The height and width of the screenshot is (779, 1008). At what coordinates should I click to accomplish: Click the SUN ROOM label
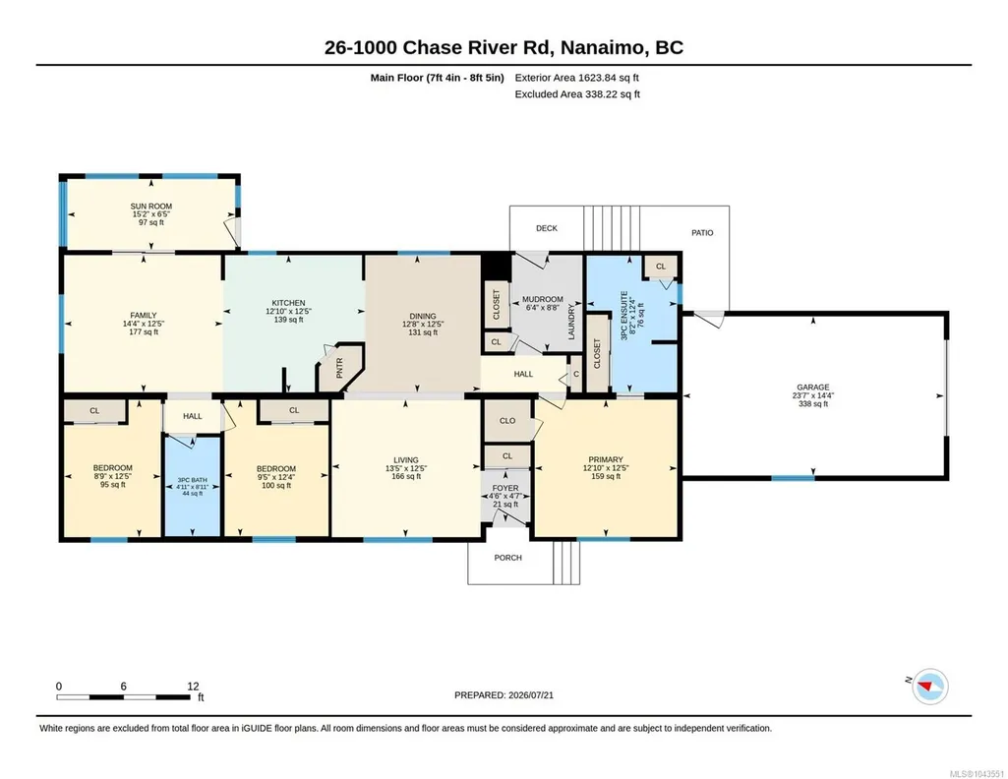151,207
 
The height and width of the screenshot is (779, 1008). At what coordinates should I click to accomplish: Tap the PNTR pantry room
340,368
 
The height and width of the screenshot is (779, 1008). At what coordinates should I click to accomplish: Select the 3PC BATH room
192,486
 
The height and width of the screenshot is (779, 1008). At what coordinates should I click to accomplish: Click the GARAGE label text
812,387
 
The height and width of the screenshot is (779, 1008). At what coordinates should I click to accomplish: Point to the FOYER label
505,489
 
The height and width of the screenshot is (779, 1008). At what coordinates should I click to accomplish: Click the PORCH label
507,558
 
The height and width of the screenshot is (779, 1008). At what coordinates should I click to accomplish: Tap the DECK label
547,228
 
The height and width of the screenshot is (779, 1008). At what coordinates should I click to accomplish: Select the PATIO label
702,233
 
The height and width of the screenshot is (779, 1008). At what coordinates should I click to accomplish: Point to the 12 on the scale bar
193,687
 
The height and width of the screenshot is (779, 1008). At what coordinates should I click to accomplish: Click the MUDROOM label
543,299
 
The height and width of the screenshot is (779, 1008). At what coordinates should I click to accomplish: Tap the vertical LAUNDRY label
570,322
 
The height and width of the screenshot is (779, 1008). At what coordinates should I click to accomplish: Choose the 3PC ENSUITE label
623,315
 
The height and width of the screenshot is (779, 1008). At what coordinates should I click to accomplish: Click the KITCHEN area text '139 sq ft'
288,320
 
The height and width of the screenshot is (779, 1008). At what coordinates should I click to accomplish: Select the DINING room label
422,317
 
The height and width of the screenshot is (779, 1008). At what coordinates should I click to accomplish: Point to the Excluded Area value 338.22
600,93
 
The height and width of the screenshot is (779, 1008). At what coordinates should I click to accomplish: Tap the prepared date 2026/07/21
531,694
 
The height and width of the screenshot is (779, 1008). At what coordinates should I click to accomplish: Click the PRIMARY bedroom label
606,459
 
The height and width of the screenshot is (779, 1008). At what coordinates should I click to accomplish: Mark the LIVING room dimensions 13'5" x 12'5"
405,468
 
